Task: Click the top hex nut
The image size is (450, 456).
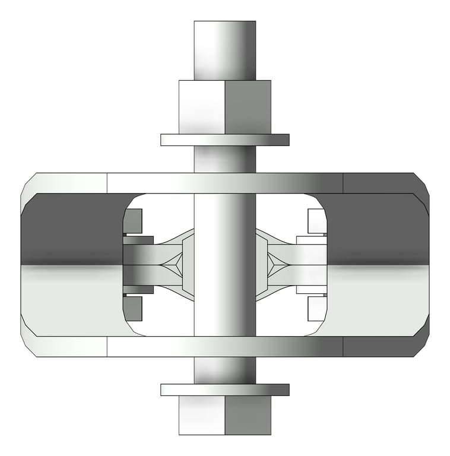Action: (x=224, y=107)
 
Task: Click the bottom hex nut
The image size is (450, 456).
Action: (x=224, y=415)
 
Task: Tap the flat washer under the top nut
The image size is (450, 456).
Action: (x=224, y=140)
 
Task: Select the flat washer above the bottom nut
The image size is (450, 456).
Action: (x=224, y=389)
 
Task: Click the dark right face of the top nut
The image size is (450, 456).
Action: (x=248, y=107)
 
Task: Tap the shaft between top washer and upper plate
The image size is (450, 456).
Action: (x=224, y=159)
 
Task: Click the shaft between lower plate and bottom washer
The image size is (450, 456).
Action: (x=224, y=370)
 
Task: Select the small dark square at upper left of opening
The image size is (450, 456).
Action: (x=135, y=221)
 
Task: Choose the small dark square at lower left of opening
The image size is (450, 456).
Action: (x=135, y=308)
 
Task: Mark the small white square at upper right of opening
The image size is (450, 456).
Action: (x=317, y=221)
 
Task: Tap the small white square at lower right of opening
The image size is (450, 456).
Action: (x=317, y=308)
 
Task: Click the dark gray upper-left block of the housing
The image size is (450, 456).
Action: (x=71, y=229)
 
